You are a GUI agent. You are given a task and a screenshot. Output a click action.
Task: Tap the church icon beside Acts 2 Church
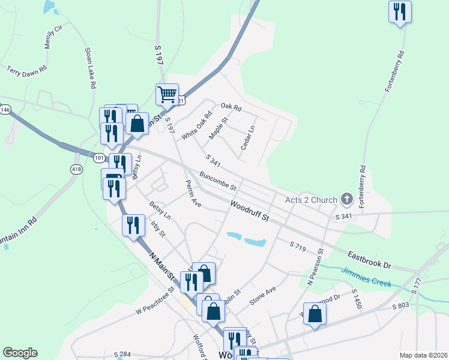coord(346,199)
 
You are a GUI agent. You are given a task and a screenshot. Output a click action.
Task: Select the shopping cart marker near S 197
coord(167,94)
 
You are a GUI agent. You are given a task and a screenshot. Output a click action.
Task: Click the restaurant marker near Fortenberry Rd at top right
coord(400,12)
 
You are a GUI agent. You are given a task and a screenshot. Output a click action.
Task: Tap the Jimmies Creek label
coord(366,278)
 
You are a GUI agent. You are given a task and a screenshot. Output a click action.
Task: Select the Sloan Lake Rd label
coord(90,68)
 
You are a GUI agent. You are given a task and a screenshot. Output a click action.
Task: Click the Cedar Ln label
coord(247,138)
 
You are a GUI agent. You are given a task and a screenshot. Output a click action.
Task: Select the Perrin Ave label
coord(193,193)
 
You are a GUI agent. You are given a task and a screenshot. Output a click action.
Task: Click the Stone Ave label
coord(262,296)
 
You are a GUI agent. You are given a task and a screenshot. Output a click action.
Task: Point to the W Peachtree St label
coord(154,300)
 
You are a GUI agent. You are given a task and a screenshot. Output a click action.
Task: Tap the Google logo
coord(20,353)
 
